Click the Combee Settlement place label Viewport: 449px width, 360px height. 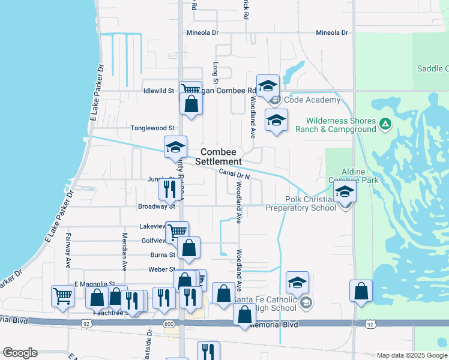[x=221, y=157]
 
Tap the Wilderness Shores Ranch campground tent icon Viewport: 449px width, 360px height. [x=385, y=125]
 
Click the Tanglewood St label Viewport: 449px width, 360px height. [x=152, y=128]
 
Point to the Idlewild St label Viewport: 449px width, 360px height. [x=158, y=91]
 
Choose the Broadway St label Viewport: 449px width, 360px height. [x=156, y=206]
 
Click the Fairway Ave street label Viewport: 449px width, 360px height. [x=68, y=250]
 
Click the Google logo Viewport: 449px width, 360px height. [x=20, y=353]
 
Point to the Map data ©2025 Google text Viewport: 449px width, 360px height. [x=411, y=355]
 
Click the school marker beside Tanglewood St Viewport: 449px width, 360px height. [x=175, y=147]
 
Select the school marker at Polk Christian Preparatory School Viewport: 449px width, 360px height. [x=345, y=192]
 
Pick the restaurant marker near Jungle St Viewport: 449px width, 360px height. [x=169, y=189]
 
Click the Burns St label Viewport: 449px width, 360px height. [x=163, y=255]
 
